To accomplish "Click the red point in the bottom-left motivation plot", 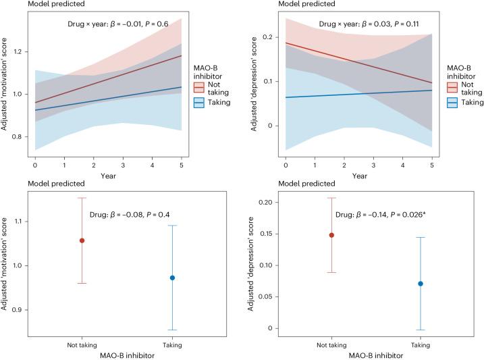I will click(x=82, y=240).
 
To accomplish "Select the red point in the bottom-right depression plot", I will click(x=331, y=235).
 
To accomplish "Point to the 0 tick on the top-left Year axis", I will click(x=35, y=164).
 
